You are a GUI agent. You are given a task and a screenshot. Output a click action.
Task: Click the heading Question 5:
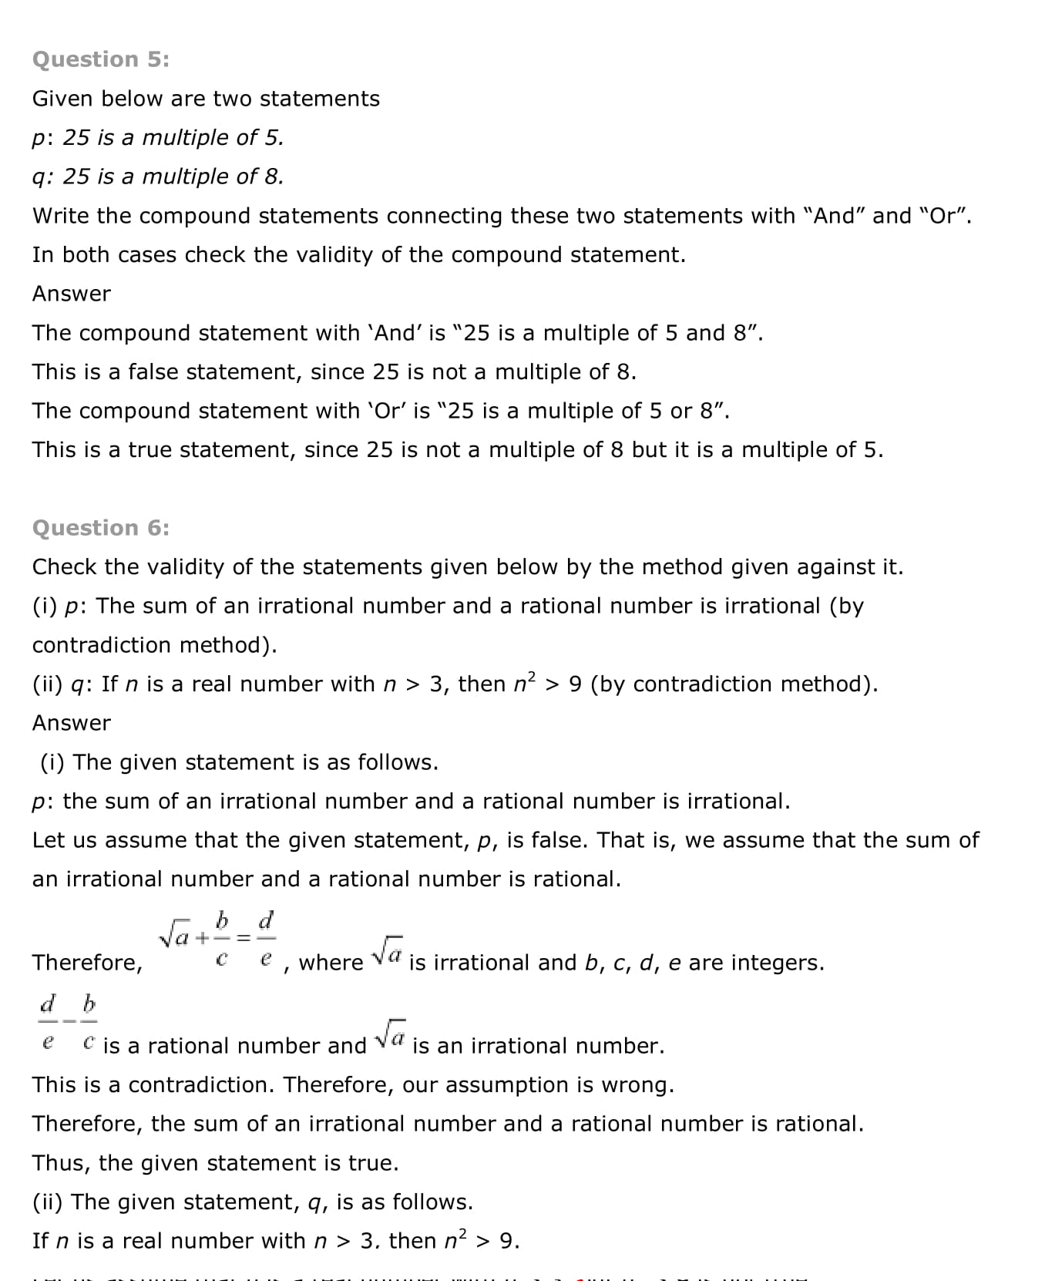tap(100, 59)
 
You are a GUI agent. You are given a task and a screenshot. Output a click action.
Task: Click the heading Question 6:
tap(100, 528)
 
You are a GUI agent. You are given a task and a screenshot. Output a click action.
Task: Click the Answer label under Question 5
tap(71, 294)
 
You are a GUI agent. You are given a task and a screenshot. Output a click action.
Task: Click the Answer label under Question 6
tap(71, 723)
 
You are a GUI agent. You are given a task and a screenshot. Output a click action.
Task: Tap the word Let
tap(48, 840)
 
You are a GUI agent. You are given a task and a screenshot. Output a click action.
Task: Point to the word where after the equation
tap(331, 963)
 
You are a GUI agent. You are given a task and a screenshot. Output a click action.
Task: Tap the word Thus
tap(60, 1163)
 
